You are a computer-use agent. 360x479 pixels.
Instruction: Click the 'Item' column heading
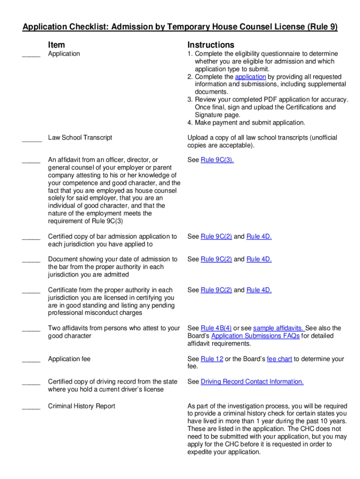(57, 45)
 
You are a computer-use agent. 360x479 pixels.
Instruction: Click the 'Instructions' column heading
(211, 45)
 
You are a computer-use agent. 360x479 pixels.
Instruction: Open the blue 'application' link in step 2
(250, 77)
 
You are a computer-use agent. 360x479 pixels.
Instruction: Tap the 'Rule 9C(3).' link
(217, 160)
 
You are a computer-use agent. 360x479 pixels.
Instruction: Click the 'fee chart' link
(280, 359)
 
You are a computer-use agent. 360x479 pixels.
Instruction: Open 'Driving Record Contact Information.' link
(252, 382)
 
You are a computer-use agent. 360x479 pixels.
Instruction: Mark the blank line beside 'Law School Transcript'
(31, 139)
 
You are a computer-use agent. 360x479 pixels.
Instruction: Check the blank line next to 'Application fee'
(31, 361)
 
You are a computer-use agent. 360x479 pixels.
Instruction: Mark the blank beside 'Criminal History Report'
(31, 408)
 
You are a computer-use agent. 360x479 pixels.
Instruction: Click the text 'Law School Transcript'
(80, 138)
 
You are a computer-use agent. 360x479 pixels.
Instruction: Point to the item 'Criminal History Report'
(81, 406)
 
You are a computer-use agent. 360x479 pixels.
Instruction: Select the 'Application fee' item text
(69, 359)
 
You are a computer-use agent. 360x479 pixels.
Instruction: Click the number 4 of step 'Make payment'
(189, 123)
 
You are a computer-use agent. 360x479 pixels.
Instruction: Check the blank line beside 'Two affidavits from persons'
(31, 330)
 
